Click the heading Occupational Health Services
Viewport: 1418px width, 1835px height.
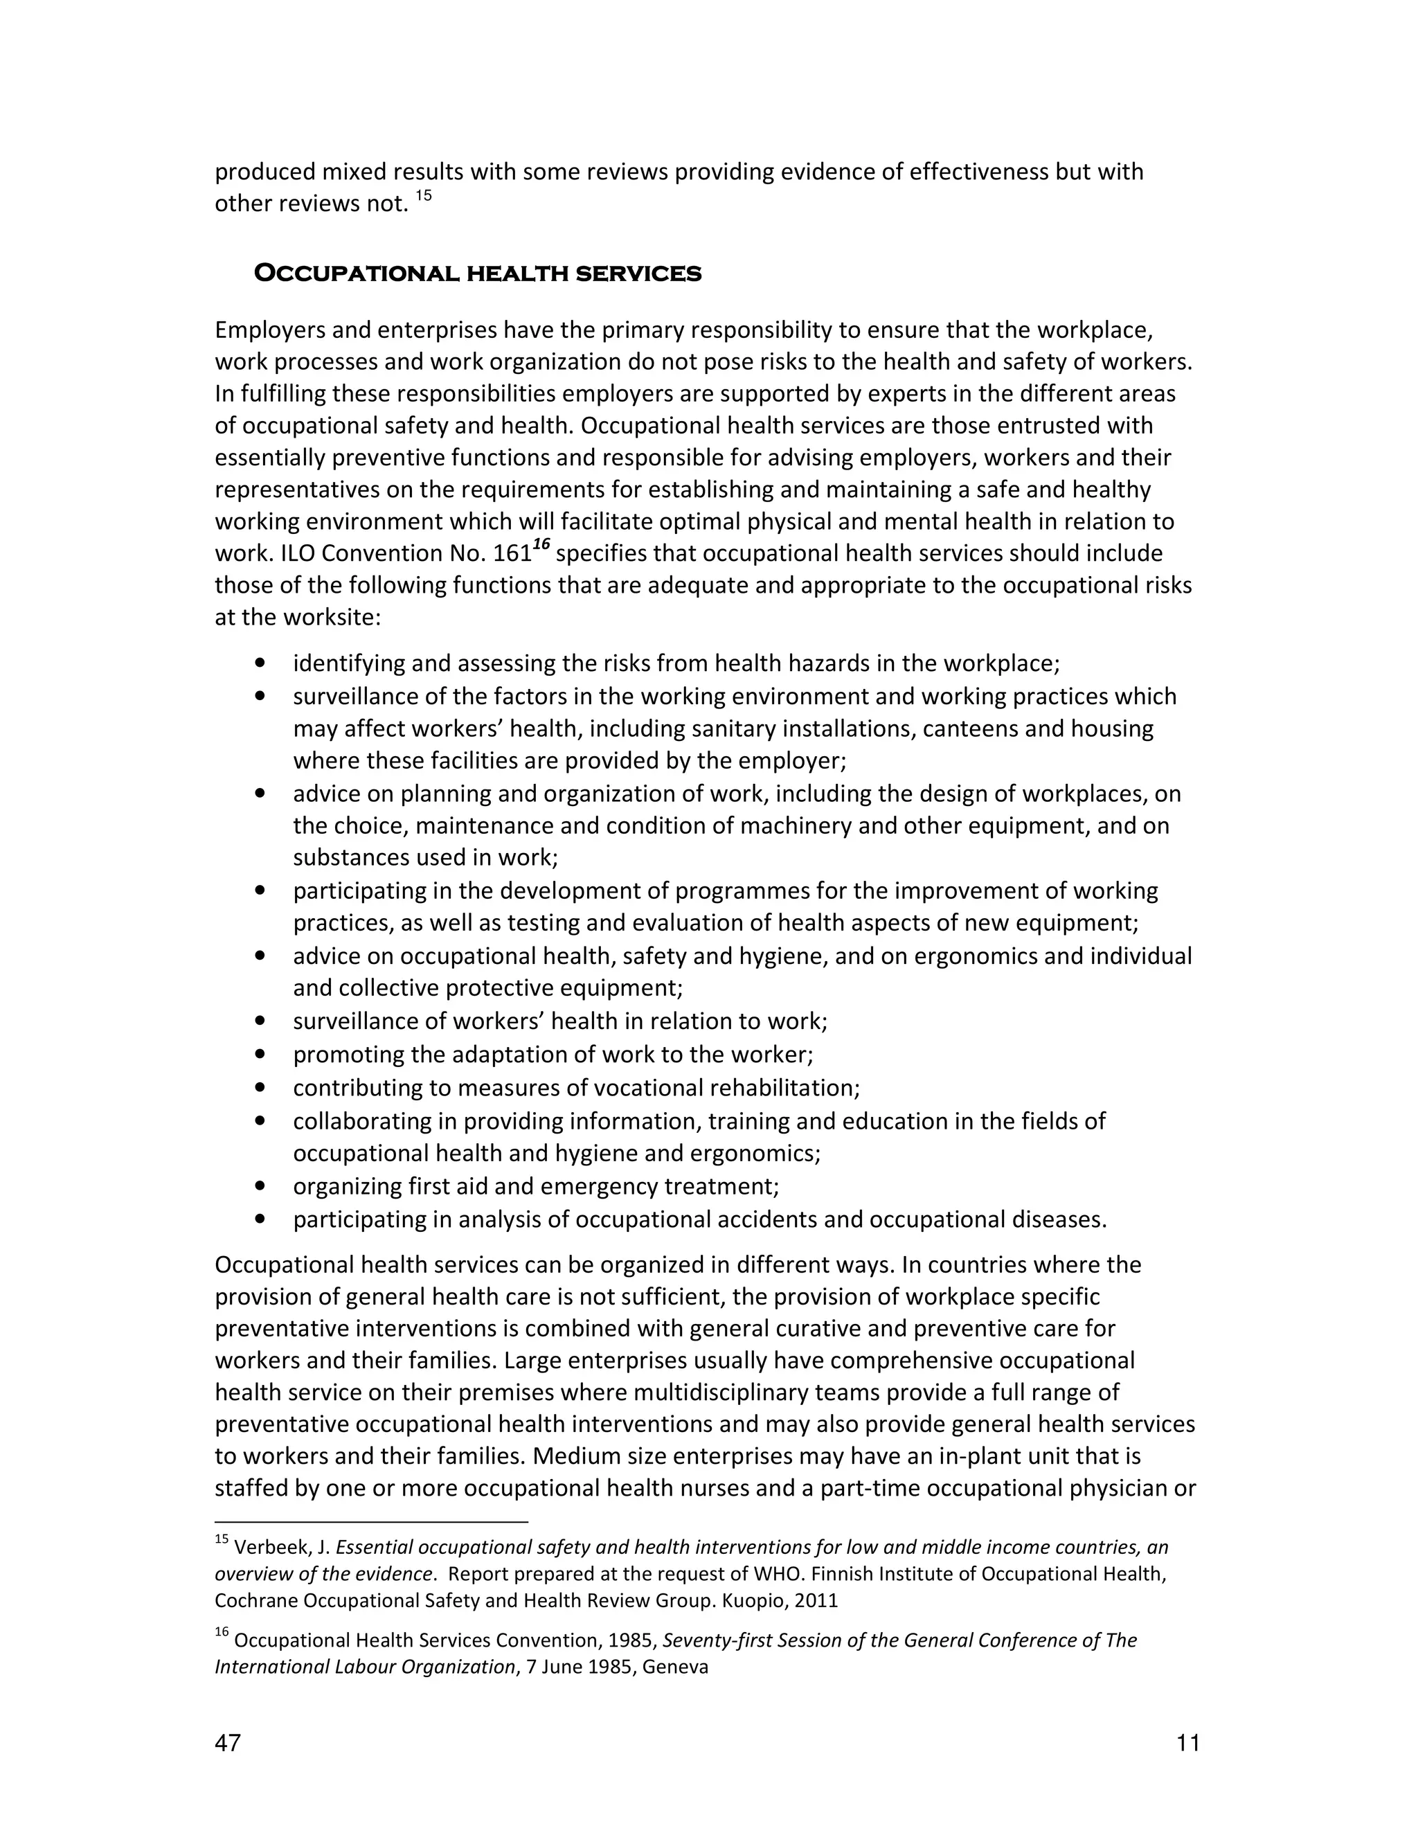tap(477, 274)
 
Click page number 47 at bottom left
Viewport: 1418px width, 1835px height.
tap(228, 1744)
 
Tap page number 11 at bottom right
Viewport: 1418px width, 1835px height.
tap(1188, 1744)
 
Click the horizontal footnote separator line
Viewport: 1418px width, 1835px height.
tap(371, 1521)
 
